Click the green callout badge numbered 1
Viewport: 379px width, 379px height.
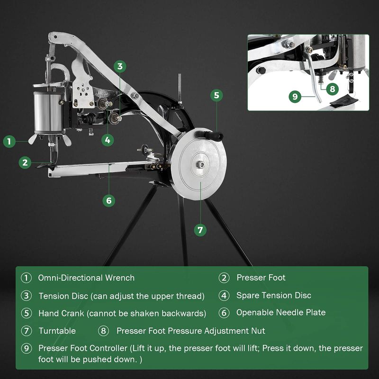[x=9, y=141]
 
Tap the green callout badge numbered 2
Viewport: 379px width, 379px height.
[x=25, y=162]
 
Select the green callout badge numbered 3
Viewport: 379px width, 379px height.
[x=120, y=66]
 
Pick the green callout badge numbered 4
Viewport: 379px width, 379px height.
[x=108, y=140]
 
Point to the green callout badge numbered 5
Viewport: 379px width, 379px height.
[x=217, y=95]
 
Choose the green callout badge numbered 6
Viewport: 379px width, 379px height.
[x=109, y=200]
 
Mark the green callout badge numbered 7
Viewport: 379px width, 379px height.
[x=200, y=230]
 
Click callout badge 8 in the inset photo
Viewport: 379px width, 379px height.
[x=333, y=89]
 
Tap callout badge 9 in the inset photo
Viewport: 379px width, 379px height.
[x=295, y=97]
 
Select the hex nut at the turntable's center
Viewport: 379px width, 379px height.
[x=200, y=164]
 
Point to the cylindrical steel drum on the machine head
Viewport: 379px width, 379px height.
[x=49, y=112]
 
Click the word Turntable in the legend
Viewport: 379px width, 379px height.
[x=57, y=331]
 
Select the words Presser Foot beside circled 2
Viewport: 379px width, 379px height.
[x=261, y=278]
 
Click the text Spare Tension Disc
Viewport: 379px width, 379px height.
[x=274, y=295]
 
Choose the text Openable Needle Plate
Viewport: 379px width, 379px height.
[x=281, y=313]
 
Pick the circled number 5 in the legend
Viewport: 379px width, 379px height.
[x=27, y=313]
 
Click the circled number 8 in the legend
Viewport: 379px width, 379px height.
[x=103, y=331]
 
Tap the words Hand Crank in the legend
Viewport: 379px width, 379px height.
[x=61, y=313]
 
